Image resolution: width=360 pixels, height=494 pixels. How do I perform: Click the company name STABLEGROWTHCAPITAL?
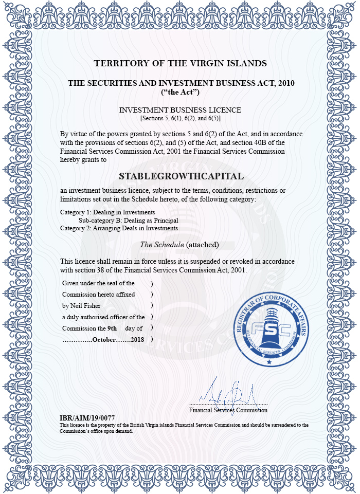(181, 176)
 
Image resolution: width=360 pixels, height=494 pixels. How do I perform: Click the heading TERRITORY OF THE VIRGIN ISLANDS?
(180, 64)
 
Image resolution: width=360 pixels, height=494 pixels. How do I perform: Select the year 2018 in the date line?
(137, 339)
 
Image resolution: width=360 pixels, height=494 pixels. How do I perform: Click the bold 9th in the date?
(112, 328)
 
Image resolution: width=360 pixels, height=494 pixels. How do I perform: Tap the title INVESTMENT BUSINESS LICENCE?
(180, 110)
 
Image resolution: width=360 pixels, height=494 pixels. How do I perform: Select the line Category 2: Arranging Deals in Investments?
(119, 228)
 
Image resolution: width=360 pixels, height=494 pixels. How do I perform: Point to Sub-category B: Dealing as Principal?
(128, 220)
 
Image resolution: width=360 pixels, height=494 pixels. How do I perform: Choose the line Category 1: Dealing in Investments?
(107, 212)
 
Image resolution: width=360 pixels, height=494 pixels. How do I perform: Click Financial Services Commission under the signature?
(228, 410)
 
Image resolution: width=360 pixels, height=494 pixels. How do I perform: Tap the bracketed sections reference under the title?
(180, 118)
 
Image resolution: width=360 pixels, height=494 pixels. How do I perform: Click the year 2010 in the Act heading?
(284, 83)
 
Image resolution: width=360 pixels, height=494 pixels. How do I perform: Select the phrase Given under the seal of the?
(98, 283)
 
